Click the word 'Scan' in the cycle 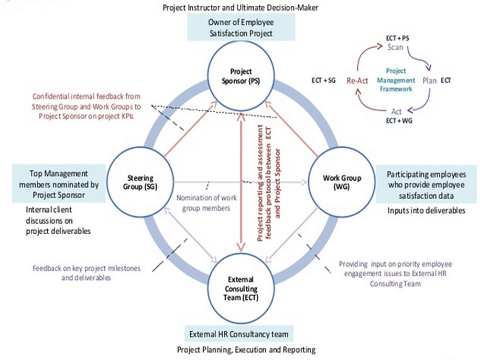tap(395, 47)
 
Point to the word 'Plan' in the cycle tap(429, 81)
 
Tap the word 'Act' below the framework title tap(397, 112)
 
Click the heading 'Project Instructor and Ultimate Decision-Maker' tap(241, 7)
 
